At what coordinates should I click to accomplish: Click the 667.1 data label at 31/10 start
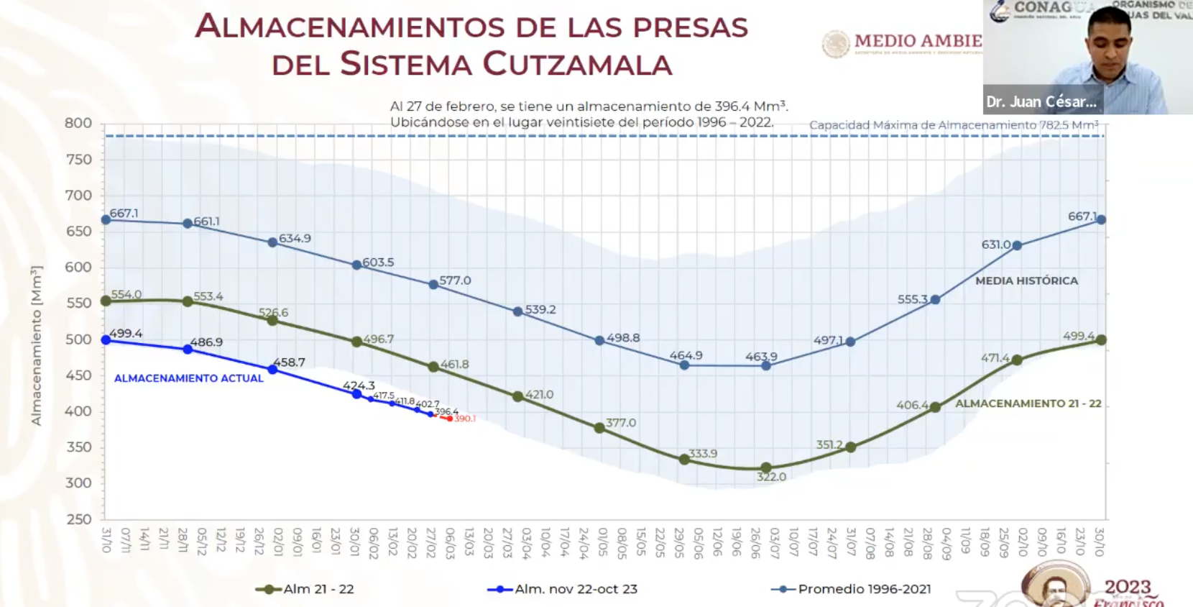coord(124,214)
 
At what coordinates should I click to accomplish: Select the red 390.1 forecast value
coord(465,419)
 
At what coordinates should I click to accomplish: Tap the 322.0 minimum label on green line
coord(771,477)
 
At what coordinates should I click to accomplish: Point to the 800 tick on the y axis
coord(78,123)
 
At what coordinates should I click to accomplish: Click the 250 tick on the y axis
coord(78,519)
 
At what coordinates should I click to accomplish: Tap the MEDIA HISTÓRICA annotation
coord(1026,281)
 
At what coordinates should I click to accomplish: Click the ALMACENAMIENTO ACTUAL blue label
coord(189,378)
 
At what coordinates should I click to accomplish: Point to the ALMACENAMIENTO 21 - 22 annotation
coord(1028,404)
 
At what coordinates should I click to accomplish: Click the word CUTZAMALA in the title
coord(577,63)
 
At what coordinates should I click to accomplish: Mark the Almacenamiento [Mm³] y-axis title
coord(37,345)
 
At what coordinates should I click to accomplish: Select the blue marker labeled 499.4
coord(106,339)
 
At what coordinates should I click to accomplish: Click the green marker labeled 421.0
coord(517,396)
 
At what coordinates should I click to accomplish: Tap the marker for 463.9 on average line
coord(766,365)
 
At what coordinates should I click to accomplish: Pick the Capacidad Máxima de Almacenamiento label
coord(953,125)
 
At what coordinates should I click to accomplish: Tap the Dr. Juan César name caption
coord(1041,102)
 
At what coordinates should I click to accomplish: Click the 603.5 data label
coord(378,263)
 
